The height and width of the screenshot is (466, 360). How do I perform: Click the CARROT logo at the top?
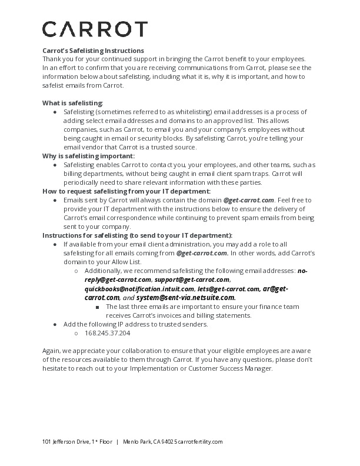pyautogui.click(x=95, y=29)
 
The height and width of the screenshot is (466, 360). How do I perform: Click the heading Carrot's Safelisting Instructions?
pyautogui.click(x=93, y=51)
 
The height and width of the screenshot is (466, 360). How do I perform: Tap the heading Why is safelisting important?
pyautogui.click(x=88, y=156)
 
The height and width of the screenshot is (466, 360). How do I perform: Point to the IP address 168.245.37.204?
pyautogui.click(x=107, y=333)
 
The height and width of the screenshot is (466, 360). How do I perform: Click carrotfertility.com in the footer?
pyautogui.click(x=199, y=441)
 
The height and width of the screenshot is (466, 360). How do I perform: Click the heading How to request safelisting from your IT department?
pyautogui.click(x=126, y=191)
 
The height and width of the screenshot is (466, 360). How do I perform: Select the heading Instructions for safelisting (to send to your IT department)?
pyautogui.click(x=138, y=235)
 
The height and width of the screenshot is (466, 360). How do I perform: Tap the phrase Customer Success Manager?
pyautogui.click(x=238, y=368)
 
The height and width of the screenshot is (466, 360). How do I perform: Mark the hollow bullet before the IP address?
pyautogui.click(x=77, y=333)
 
